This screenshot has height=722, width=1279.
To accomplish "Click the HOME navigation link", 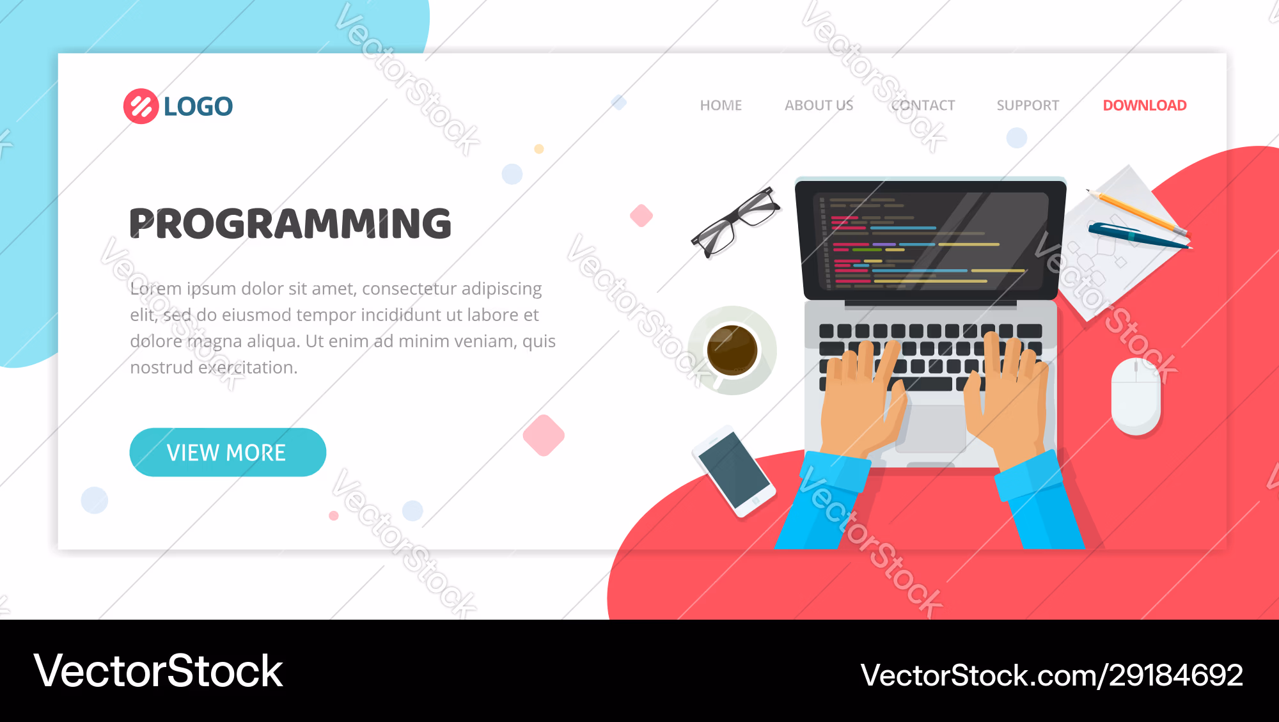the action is pyautogui.click(x=721, y=106).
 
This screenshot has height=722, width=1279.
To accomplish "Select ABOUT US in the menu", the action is pyautogui.click(x=819, y=106).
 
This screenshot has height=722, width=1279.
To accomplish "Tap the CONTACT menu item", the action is pyautogui.click(x=923, y=106).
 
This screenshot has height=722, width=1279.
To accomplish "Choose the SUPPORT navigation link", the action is pyautogui.click(x=1028, y=106).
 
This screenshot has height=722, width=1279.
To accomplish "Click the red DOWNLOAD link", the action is pyautogui.click(x=1145, y=106).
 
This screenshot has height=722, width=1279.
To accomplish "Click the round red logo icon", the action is pyautogui.click(x=141, y=106).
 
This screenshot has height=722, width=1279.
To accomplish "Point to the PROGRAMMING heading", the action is pyautogui.click(x=290, y=223).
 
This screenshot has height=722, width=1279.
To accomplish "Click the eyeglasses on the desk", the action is pyautogui.click(x=735, y=222).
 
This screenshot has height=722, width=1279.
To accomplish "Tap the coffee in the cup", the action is pyautogui.click(x=732, y=350).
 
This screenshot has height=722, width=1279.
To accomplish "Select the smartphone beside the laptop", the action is pyautogui.click(x=734, y=471).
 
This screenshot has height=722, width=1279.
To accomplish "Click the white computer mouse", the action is pyautogui.click(x=1136, y=396).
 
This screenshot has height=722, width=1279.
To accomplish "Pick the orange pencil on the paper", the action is pyautogui.click(x=1137, y=212).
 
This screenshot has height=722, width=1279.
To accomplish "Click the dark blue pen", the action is pyautogui.click(x=1140, y=236).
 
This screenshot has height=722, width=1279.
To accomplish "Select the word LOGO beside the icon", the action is pyautogui.click(x=198, y=106).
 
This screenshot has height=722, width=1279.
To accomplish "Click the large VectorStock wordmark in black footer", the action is pyautogui.click(x=158, y=671).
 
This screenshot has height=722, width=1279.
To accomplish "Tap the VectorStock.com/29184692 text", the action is pyautogui.click(x=1052, y=675).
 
